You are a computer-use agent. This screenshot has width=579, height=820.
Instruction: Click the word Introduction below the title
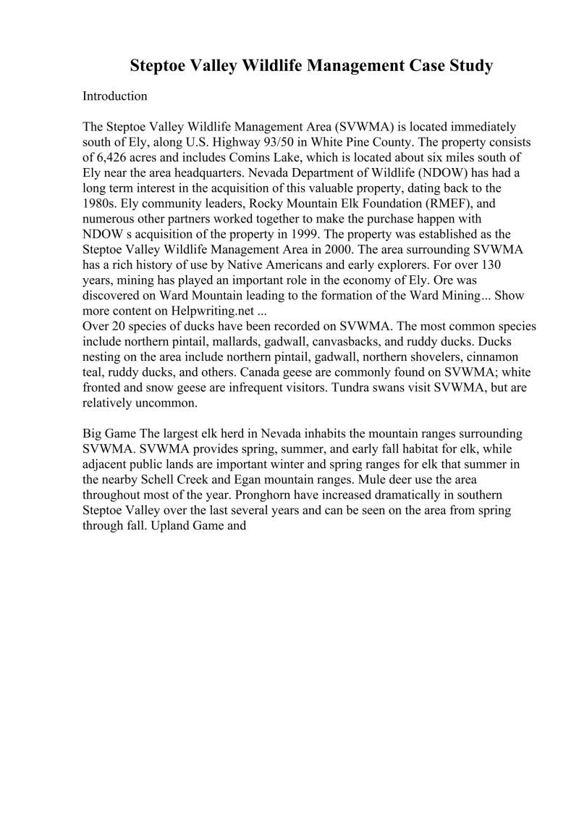coord(115,96)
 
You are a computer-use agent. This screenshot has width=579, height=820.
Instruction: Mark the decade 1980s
coord(101,204)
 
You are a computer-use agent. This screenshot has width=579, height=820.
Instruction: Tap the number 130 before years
coord(500,265)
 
